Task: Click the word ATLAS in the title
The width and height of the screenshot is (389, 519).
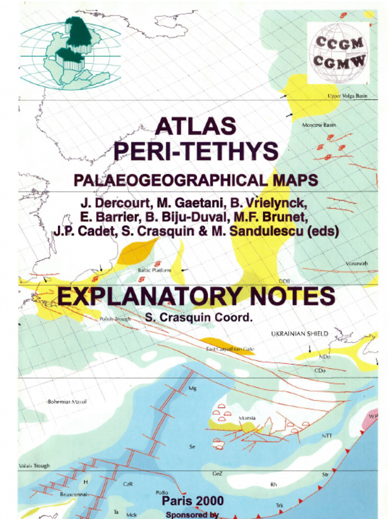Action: pos(196,126)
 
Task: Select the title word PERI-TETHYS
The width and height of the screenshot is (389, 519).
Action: pos(196,151)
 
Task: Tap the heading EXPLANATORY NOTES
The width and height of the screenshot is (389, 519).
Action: pos(196,296)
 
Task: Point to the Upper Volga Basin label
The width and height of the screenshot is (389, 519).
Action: pos(347,96)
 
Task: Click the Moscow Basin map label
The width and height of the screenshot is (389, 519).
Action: pos(319,125)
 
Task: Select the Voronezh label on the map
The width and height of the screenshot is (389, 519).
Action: pos(357,264)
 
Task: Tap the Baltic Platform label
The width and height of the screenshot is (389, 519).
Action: pos(154,271)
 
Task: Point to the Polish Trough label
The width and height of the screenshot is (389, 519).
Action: pos(115,319)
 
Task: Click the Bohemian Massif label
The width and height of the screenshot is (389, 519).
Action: pos(67,401)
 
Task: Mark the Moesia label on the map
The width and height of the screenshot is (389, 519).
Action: pos(247,418)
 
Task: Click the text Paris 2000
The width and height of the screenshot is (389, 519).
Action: pos(192,501)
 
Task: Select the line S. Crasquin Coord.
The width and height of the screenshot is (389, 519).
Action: pos(198,318)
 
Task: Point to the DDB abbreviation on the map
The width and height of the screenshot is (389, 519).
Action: pos(284,281)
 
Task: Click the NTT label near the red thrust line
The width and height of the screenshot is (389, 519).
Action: pos(327,435)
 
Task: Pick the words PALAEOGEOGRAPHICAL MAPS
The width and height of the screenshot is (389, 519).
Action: pos(196,180)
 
